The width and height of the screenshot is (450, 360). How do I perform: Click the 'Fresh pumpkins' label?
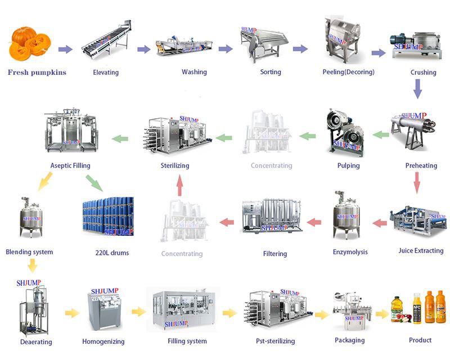pos(37,73)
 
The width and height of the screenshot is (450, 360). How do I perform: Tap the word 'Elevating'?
pos(106,73)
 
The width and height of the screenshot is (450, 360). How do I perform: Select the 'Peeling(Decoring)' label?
pos(348,73)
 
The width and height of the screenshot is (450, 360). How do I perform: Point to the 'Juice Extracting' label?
pos(420,251)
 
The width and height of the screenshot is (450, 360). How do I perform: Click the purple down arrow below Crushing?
pos(417,89)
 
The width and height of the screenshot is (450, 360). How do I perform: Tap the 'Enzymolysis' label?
pos(350,252)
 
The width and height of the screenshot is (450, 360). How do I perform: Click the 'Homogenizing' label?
pos(103,341)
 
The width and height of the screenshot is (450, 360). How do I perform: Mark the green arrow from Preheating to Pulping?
pos(382,134)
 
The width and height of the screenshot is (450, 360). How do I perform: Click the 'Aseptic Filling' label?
pos(70,166)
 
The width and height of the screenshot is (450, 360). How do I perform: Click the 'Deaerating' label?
pos(36,342)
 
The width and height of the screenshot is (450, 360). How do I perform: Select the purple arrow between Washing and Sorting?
pos(225,49)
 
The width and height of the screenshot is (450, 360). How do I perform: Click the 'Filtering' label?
pos(274,254)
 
